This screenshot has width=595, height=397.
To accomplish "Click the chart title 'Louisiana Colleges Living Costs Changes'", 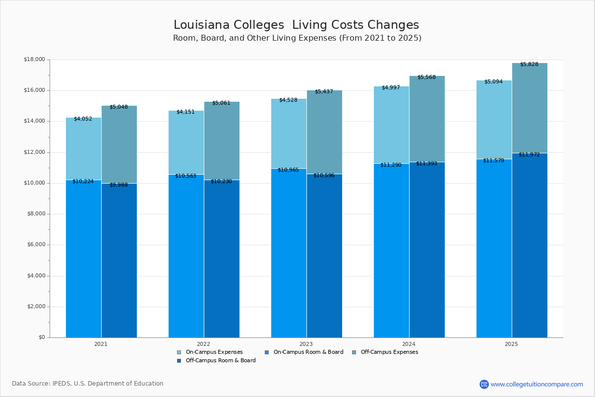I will tap(296, 25).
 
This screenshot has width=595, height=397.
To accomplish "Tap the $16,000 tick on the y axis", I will tap(34, 90).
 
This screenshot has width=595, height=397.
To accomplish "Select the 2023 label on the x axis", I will tap(306, 344).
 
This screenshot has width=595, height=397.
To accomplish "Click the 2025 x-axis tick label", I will tap(511, 344).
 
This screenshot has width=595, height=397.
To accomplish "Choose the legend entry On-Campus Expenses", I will tap(214, 352).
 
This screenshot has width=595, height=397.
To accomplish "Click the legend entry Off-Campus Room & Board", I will tap(220, 361).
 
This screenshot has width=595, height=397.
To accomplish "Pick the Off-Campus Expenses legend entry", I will tap(389, 352).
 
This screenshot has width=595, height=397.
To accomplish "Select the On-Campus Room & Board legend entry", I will tap(308, 352).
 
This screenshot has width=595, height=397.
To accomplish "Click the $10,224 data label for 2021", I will tap(83, 182).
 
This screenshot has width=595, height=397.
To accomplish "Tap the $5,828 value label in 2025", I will tap(529, 65).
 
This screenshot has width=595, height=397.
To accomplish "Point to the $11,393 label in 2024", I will tap(426, 164).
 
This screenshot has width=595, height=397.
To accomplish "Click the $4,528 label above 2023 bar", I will tap(288, 100).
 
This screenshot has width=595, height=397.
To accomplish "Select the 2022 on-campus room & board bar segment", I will tap(186, 256).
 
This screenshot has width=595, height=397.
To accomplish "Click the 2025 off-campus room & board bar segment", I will tap(530, 245).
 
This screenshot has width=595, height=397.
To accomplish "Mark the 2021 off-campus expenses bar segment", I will tap(119, 144).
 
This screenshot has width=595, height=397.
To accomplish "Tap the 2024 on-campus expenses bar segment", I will tap(391, 125).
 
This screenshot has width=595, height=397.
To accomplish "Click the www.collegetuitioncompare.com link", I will tap(536, 384).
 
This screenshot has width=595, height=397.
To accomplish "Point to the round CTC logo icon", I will tap(484, 384).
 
